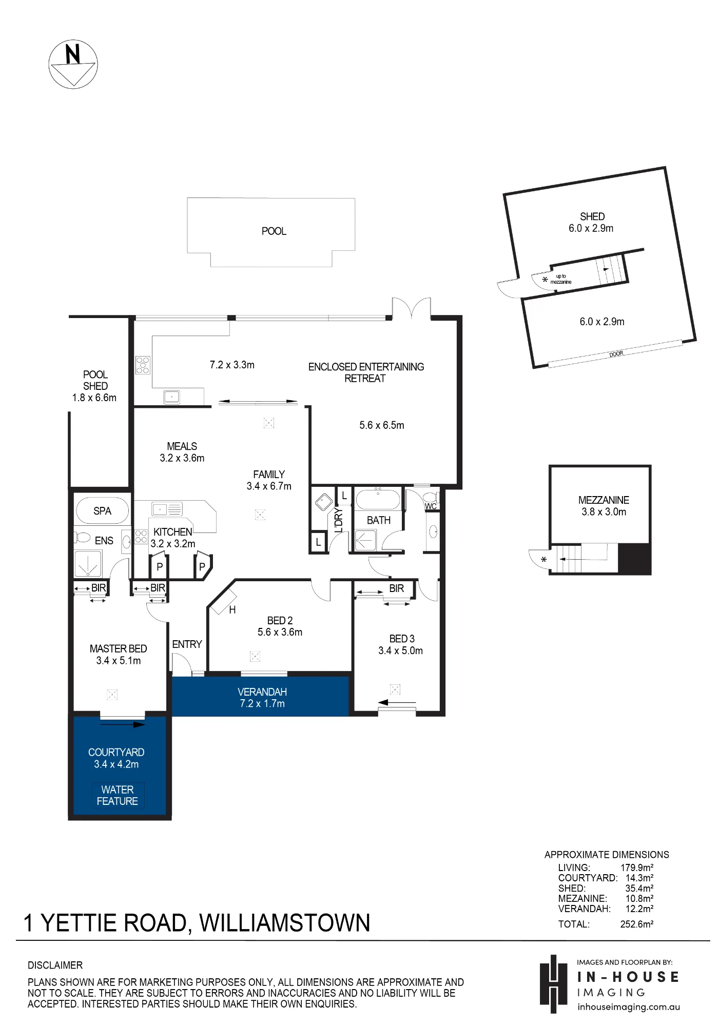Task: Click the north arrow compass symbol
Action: [x=73, y=64]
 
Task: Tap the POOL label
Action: [x=274, y=231]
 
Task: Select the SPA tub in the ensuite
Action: [x=102, y=510]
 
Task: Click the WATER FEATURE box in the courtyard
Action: [x=118, y=796]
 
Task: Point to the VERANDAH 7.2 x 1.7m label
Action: [x=262, y=698]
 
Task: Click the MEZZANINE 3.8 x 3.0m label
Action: [x=604, y=506]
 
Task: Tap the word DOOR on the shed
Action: [x=616, y=354]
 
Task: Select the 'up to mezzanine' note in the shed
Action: [x=561, y=279]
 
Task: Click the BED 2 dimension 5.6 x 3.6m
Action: [x=280, y=632]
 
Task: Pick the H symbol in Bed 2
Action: [x=232, y=610]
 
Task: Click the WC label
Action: [x=431, y=506]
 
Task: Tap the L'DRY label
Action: [x=338, y=520]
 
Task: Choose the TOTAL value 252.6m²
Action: [x=637, y=924]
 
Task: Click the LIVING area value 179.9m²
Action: [x=637, y=868]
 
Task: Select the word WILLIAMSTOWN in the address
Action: [x=285, y=923]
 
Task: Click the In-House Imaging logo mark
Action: [x=553, y=984]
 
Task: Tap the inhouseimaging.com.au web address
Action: [x=629, y=1007]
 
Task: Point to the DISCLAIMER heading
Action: [x=55, y=965]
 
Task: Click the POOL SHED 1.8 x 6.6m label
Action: [x=94, y=386]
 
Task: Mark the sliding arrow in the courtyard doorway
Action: [x=123, y=725]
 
